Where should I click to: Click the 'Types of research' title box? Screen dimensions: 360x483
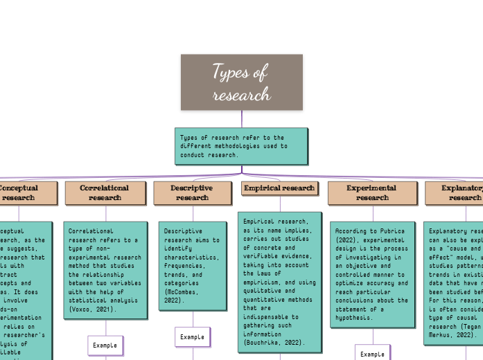coord(241,82)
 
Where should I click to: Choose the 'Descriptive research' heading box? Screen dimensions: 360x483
coord(192,192)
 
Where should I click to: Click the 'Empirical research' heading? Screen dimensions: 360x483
coord(279,188)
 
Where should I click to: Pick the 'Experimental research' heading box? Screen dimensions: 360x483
coord(371,192)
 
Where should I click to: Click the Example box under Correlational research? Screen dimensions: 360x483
coord(105,344)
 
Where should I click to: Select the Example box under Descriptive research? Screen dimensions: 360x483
coord(192,336)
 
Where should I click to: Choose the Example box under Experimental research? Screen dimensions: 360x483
coord(372,354)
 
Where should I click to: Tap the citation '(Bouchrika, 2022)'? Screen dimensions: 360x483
coord(272,341)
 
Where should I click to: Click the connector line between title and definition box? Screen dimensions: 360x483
coord(241,118)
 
